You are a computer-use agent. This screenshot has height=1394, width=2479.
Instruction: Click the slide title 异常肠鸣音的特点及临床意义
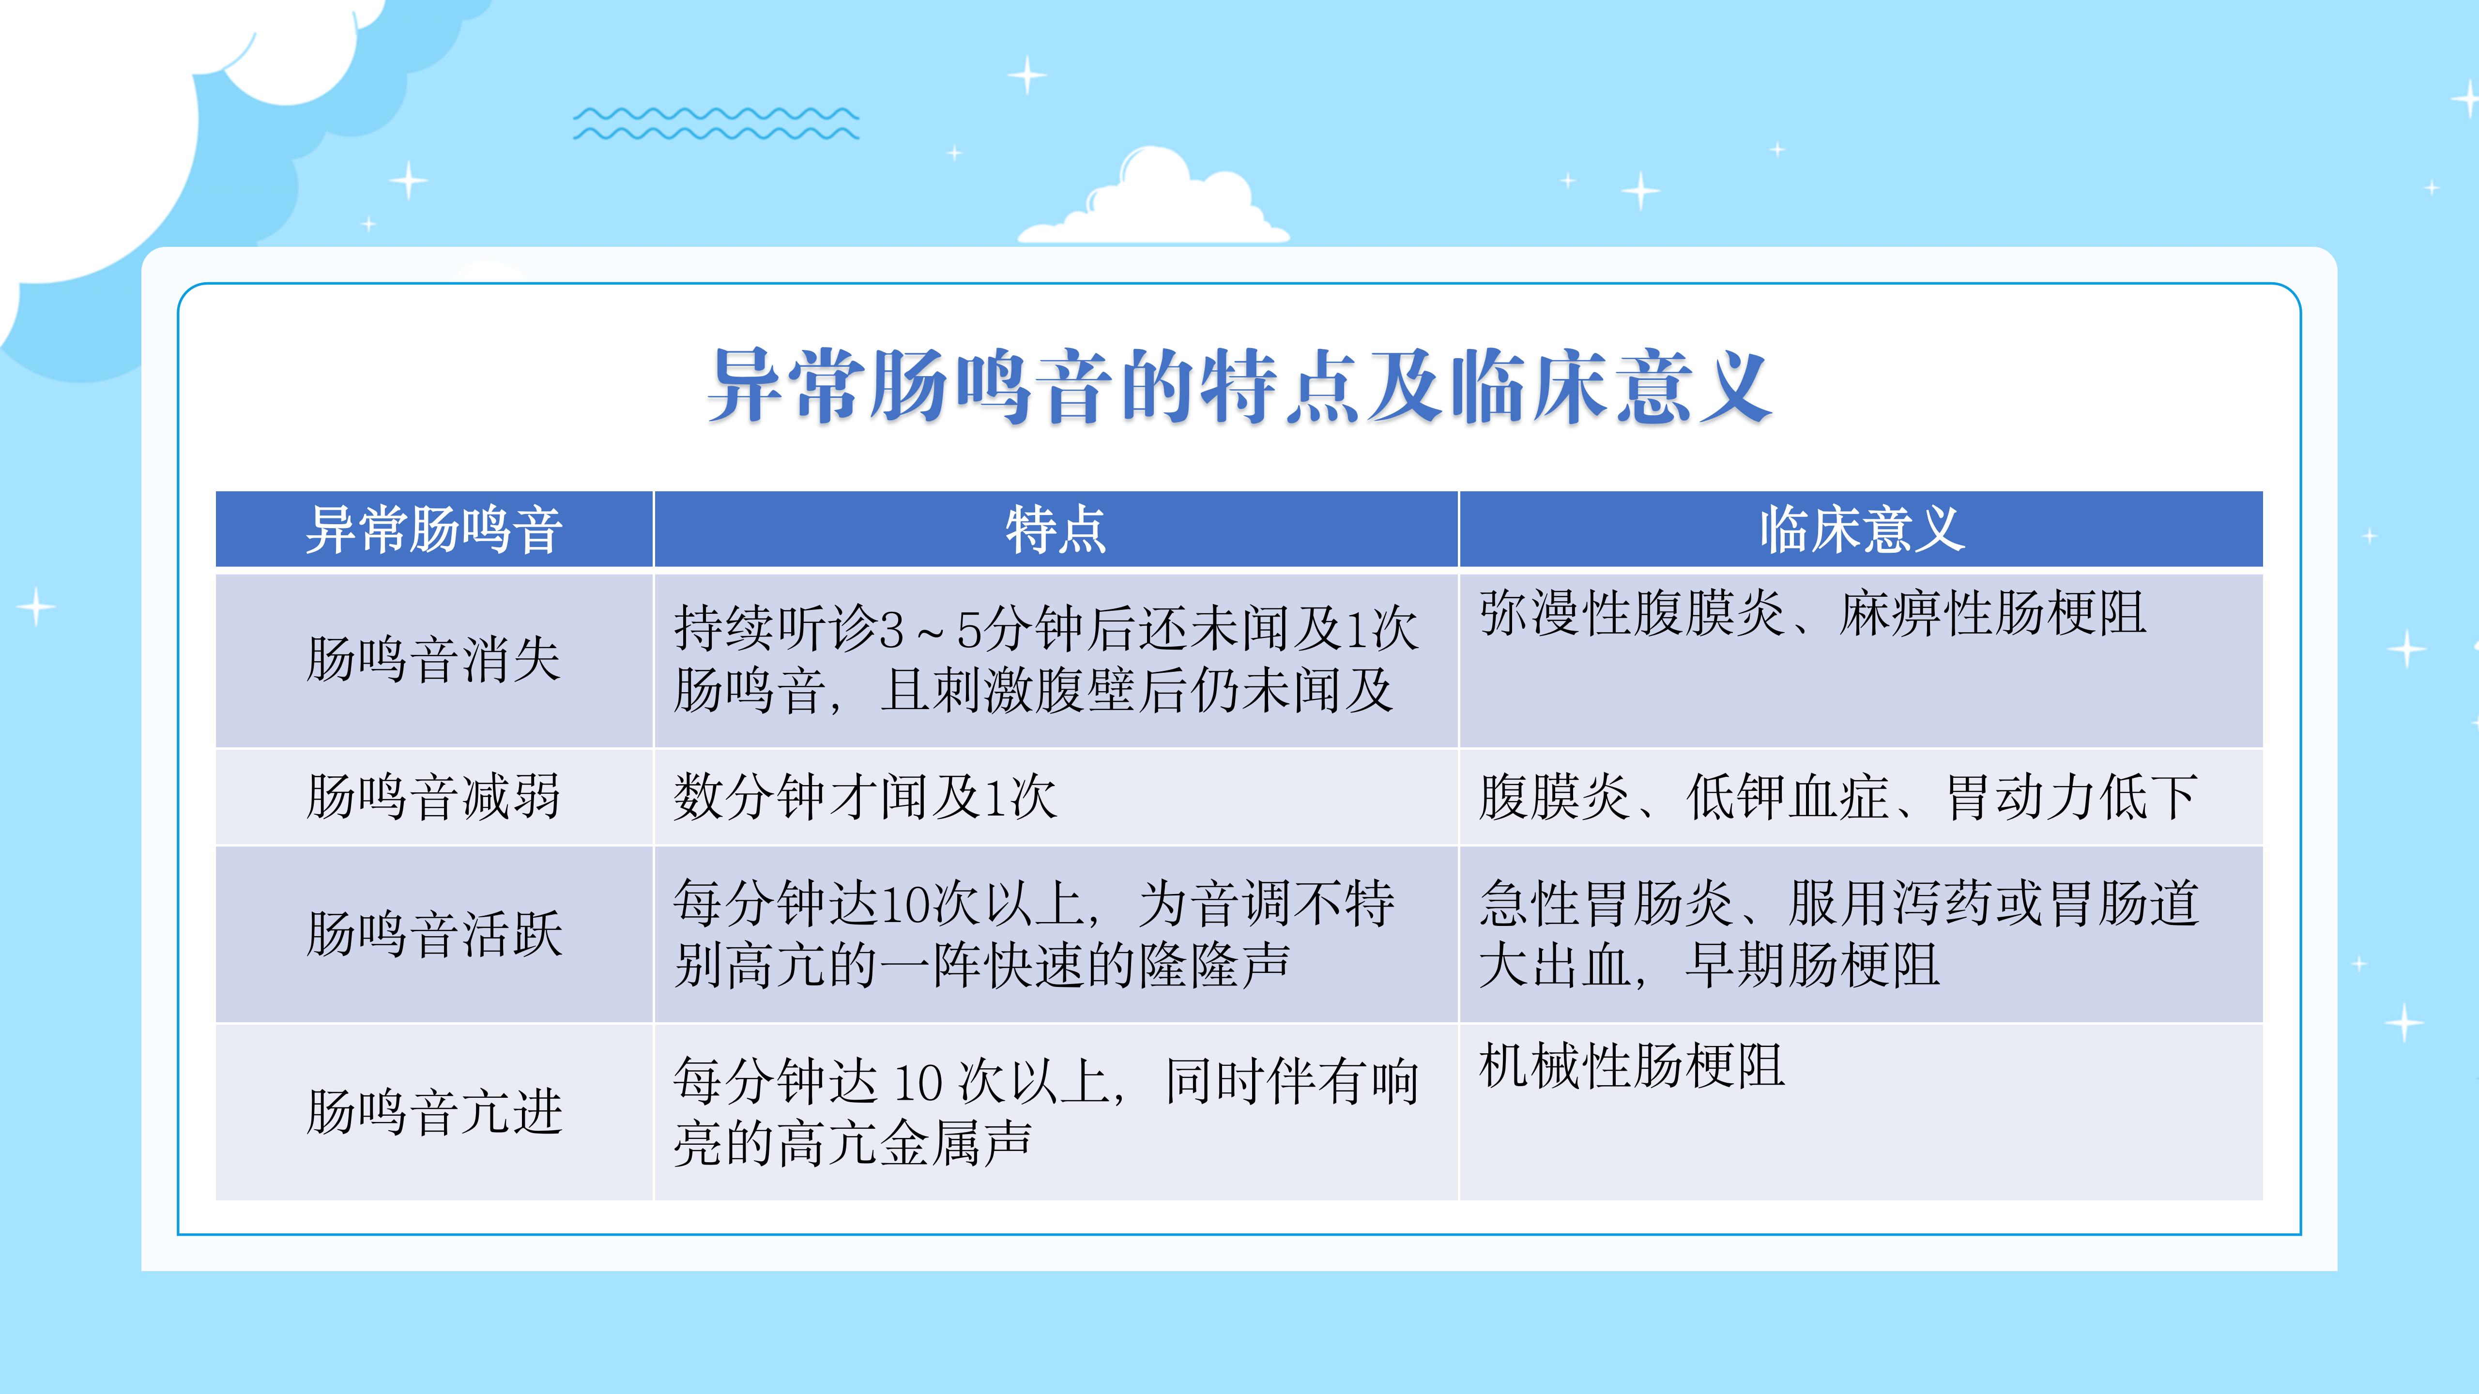[1239, 387]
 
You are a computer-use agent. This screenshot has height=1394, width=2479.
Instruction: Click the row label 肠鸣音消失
[434, 660]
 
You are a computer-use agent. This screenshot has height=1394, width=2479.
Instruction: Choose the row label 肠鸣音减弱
[434, 797]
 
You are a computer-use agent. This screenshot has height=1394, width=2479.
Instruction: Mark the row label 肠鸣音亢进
[434, 1112]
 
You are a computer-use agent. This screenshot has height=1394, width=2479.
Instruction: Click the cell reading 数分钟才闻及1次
[865, 797]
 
